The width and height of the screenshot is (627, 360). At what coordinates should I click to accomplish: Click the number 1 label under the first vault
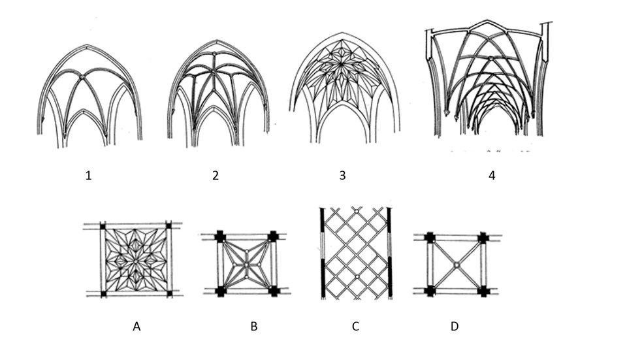[x=88, y=175]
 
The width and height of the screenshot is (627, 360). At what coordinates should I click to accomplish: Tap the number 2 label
[x=215, y=175]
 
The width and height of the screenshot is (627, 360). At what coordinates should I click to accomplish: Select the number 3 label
[x=342, y=175]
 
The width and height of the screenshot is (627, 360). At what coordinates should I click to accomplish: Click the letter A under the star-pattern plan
[x=137, y=326]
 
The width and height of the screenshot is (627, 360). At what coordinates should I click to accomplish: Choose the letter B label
[x=253, y=326]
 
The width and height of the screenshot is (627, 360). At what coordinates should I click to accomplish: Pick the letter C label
[x=355, y=326]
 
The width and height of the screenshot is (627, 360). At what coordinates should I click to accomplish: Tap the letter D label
[x=454, y=326]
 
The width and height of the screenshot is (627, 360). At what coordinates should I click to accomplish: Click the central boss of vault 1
[x=82, y=78]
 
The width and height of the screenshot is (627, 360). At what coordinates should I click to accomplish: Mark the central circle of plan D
[x=456, y=264]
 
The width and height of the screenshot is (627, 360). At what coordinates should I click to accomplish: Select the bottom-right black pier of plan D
[x=483, y=291]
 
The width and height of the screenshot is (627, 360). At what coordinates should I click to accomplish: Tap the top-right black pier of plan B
[x=274, y=236]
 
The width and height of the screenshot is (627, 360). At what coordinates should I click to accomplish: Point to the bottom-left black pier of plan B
[x=220, y=291]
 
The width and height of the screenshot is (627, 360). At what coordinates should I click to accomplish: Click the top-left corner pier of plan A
[x=103, y=226]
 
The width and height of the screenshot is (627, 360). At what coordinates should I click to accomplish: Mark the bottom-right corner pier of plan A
[x=169, y=294]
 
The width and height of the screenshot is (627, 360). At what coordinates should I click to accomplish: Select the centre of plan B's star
[x=247, y=263]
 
